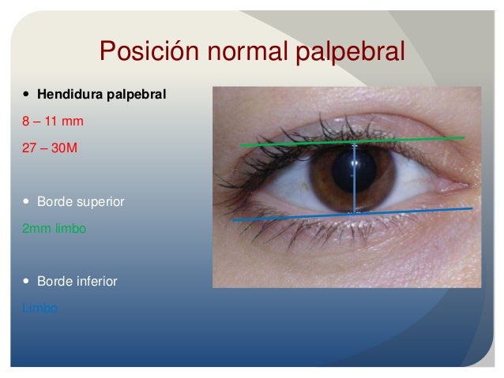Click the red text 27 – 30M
pyautogui.click(x=50, y=148)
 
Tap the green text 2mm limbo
pyautogui.click(x=54, y=228)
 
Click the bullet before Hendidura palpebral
pyautogui.click(x=27, y=95)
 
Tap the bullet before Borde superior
pyautogui.click(x=27, y=201)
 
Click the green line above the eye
pyautogui.click(x=300, y=144)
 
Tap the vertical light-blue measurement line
pyautogui.click(x=355, y=189)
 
